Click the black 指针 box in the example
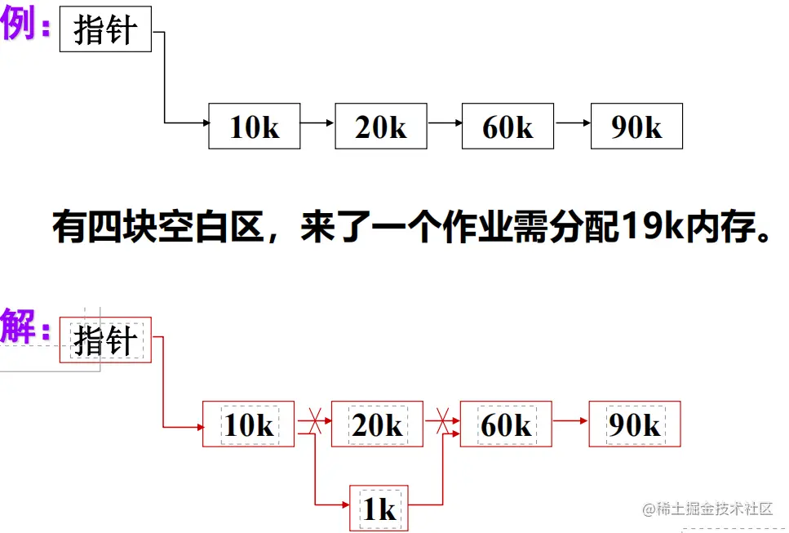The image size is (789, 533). tap(105, 29)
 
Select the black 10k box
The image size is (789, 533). tap(255, 127)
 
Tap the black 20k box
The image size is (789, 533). tap(380, 127)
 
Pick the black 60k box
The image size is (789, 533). tap(508, 127)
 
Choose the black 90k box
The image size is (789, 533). tap(636, 127)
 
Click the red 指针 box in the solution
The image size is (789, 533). tap(105, 340)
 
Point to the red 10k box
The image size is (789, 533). tap(248, 424)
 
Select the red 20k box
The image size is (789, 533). tap(377, 424)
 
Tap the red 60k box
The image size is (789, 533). tap(506, 424)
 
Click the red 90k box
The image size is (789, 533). tap(634, 424)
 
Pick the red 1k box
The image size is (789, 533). tap(379, 508)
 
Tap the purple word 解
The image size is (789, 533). tap(20, 326)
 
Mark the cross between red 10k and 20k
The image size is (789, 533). tap(308, 423)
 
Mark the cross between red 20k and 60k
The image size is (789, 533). tap(441, 423)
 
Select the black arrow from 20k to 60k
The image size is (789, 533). tap(444, 123)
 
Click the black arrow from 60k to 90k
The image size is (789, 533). tap(572, 123)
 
